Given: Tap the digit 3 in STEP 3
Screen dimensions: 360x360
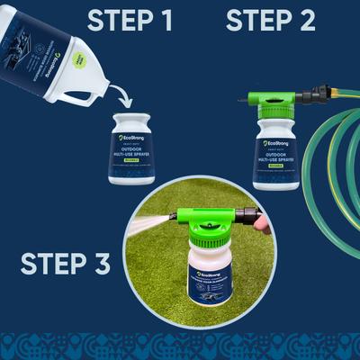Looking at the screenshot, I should click(x=101, y=264).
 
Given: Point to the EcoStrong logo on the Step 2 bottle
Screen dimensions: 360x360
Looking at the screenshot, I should click(x=275, y=143).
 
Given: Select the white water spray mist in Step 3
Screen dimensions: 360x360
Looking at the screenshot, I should click(x=148, y=220).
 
